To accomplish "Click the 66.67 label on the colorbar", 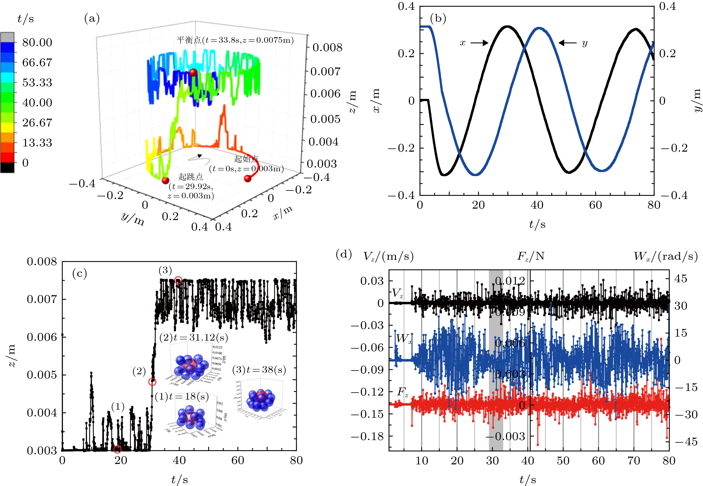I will (37, 62).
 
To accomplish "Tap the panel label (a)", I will (92, 19).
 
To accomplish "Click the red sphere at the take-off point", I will (165, 180).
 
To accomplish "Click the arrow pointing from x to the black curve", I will (479, 43).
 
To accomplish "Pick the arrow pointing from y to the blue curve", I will (568, 43).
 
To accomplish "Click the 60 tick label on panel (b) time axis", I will (595, 205).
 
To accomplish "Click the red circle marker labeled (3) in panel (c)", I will (178, 280).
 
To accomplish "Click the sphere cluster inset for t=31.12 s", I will (192, 365).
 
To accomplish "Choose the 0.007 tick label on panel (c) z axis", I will (42, 299).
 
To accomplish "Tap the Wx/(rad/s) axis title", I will (665, 256).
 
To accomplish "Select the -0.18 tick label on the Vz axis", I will (367, 436).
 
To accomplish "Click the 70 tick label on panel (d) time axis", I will (634, 461).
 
